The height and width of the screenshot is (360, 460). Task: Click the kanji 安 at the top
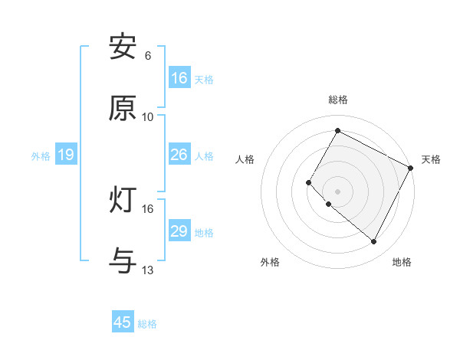(123, 47)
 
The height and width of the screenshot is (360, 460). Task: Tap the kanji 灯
(123, 200)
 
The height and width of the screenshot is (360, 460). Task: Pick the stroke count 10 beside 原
(148, 116)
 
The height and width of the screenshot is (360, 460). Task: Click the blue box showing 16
(179, 77)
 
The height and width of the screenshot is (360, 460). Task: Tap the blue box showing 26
(179, 155)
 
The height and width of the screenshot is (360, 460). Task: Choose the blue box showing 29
(179, 231)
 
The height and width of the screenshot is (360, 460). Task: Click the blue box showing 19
(65, 155)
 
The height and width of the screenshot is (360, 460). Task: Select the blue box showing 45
(123, 322)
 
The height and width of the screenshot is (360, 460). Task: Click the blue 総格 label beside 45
(147, 324)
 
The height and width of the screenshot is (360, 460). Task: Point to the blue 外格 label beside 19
(41, 156)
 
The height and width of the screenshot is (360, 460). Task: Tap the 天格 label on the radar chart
(431, 159)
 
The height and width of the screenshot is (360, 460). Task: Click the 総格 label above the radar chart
(338, 100)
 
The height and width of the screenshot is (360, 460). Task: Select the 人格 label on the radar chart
(245, 159)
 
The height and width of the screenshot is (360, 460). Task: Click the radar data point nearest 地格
(374, 242)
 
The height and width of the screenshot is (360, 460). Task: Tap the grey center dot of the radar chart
(338, 191)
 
